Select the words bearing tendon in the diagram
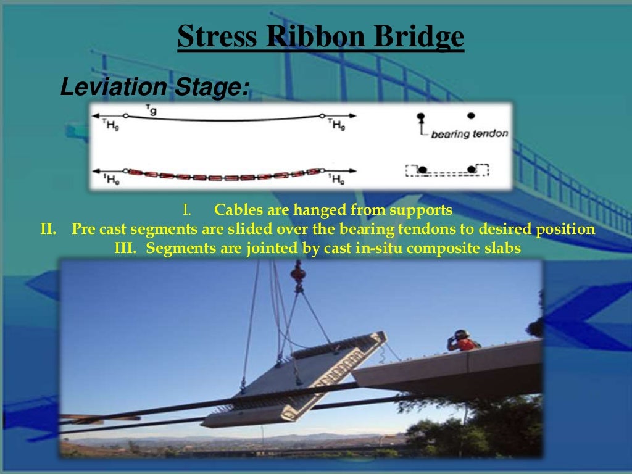470,133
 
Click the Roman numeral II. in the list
49,230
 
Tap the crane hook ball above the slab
299,270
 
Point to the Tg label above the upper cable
150,109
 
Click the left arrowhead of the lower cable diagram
96,170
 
